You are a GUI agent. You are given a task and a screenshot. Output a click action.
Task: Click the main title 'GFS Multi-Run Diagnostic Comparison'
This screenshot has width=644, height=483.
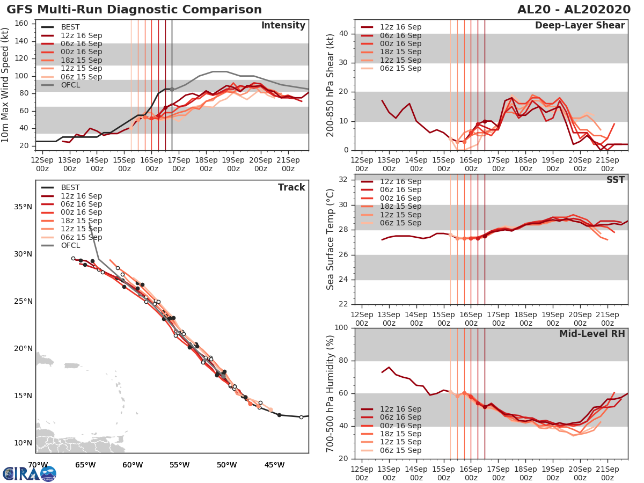134,10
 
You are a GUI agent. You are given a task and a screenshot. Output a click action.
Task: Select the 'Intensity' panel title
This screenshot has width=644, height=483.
283,26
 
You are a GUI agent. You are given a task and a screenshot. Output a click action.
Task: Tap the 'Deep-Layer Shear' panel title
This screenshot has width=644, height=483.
580,26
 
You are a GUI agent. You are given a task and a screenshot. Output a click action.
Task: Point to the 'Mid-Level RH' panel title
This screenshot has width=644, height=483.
592,334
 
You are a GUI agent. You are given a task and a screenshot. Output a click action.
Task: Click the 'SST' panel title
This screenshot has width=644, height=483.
616,180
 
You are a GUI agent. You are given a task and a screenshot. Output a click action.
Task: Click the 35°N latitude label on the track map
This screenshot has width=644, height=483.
23,207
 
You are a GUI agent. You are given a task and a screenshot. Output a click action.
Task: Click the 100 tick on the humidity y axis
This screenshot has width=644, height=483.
341,328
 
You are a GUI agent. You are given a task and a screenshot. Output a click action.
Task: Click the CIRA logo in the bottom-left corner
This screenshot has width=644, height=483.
30,473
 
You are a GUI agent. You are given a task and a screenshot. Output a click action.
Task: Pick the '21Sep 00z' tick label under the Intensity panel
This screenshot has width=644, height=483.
287,164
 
